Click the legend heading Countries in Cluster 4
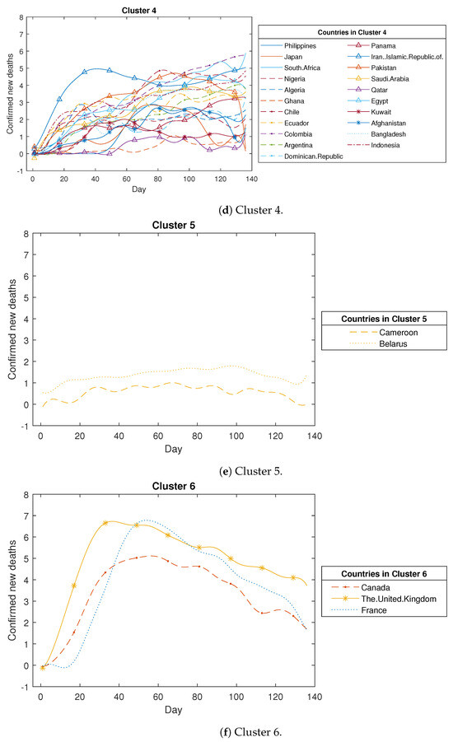(355, 31)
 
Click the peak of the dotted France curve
(146, 520)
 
